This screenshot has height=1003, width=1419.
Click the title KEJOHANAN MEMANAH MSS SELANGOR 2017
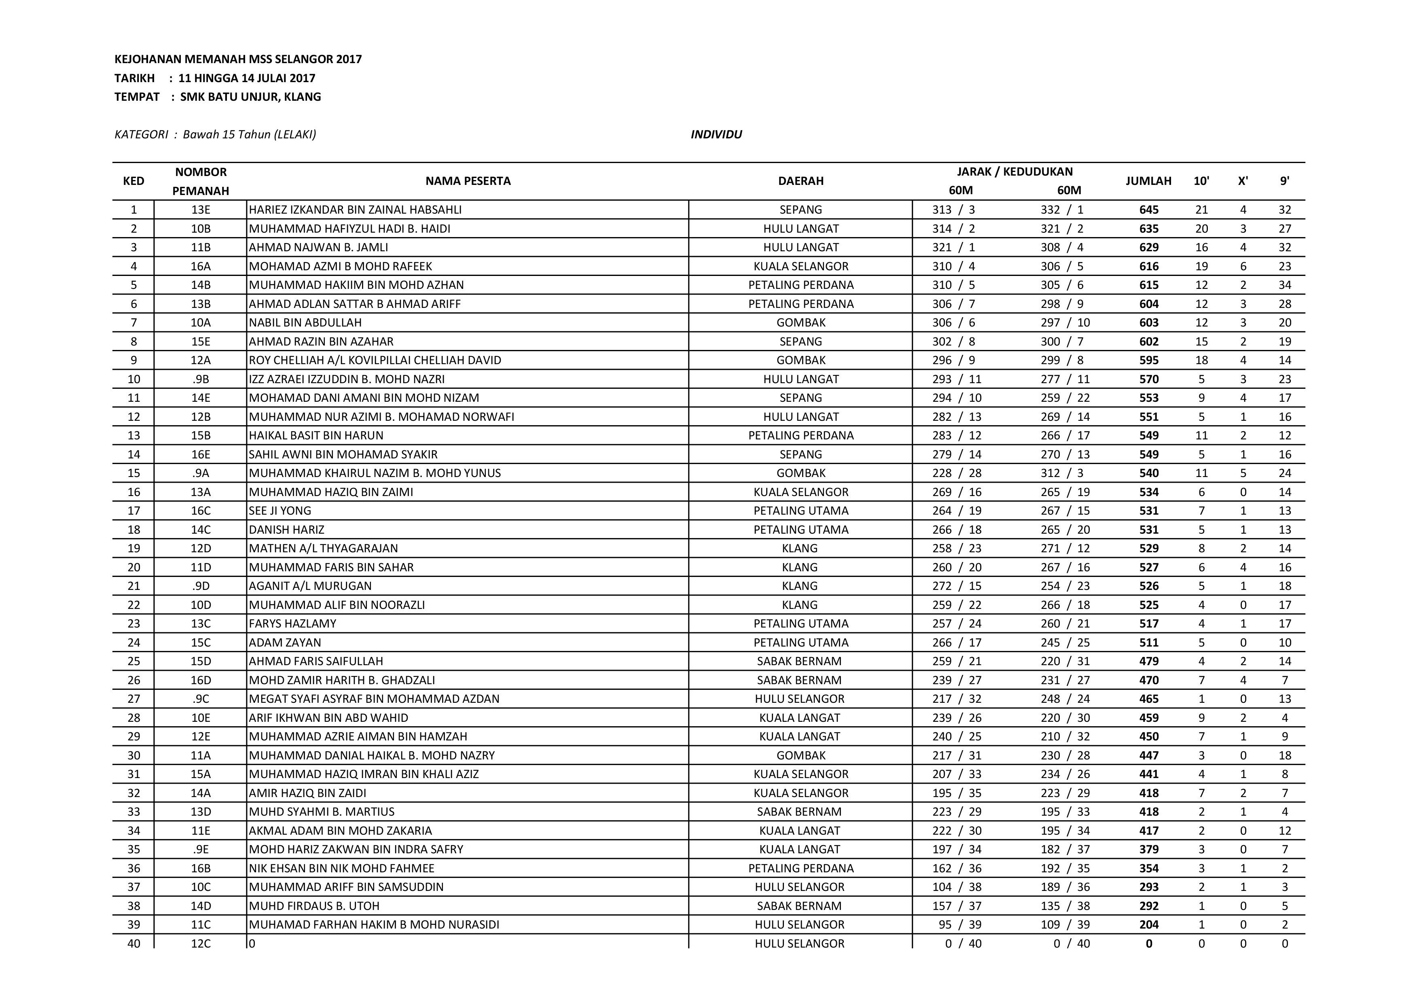tap(238, 59)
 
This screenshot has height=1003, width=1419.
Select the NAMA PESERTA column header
tap(468, 181)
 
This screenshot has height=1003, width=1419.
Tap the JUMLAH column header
tap(1148, 181)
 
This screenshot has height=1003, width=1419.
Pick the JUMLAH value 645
tap(1149, 210)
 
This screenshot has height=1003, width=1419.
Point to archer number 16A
tap(201, 266)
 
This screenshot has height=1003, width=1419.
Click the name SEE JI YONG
tap(280, 511)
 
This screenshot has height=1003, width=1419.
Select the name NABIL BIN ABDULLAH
tap(305, 322)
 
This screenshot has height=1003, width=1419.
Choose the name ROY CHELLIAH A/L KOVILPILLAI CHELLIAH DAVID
tap(375, 360)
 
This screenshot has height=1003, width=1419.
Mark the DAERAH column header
tap(801, 181)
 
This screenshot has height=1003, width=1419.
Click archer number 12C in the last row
tap(201, 944)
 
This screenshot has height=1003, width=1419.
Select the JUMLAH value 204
tap(1149, 925)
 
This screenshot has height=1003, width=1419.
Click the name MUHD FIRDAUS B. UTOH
tap(314, 906)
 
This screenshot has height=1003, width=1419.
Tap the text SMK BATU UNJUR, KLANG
tap(250, 97)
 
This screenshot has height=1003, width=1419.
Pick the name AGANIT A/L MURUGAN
tap(310, 586)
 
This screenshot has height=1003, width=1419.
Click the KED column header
tap(133, 181)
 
